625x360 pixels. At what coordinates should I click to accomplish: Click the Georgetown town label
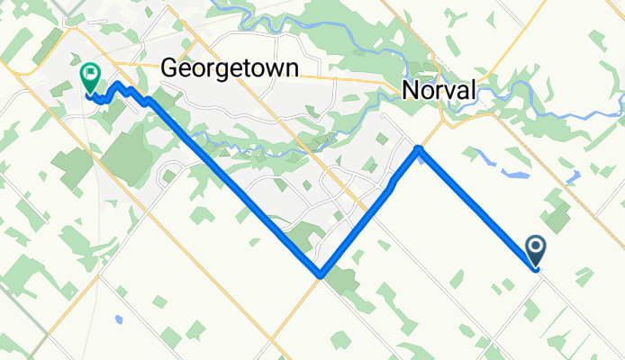[230, 67]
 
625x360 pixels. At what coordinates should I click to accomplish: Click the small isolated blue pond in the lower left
[118, 319]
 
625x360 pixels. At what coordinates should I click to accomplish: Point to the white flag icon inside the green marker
[90, 73]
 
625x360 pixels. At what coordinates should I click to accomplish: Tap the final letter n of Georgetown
[292, 67]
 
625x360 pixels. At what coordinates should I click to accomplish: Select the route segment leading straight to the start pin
[477, 206]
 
